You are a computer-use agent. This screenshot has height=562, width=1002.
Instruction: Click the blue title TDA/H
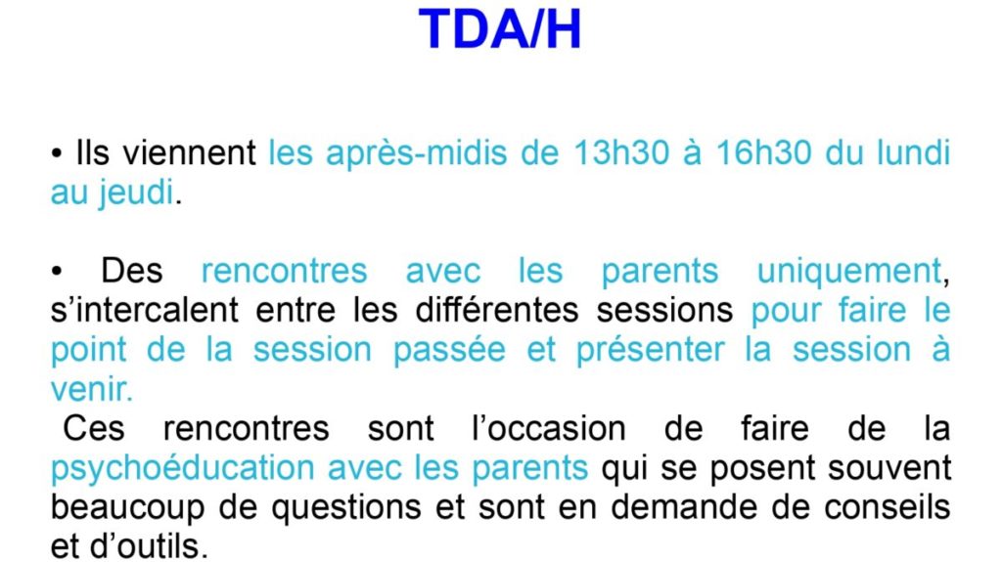pos(500,29)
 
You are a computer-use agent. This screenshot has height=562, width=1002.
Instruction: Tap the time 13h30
pos(621,153)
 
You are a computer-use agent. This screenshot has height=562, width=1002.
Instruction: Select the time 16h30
pos(763,153)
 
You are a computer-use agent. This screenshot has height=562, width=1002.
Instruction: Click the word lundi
pos(913,153)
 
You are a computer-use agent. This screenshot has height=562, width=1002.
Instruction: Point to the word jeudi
pos(135,193)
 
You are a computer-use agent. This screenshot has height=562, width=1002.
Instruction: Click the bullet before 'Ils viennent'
pos(57,154)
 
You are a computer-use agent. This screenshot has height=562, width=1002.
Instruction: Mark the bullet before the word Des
pos(57,272)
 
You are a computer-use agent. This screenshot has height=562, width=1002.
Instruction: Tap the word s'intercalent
pos(145,311)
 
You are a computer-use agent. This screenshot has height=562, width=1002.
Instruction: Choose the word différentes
pos(496,311)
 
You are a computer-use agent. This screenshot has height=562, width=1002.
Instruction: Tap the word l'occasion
pos(548,428)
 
